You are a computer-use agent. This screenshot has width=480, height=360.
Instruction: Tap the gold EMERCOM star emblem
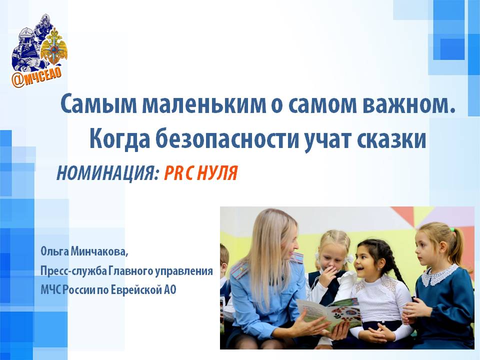pyautogui.click(x=54, y=47)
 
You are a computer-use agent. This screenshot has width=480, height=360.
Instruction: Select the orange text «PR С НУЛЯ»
pyautogui.click(x=201, y=173)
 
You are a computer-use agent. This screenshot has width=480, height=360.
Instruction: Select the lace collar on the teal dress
pyautogui.click(x=440, y=274)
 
